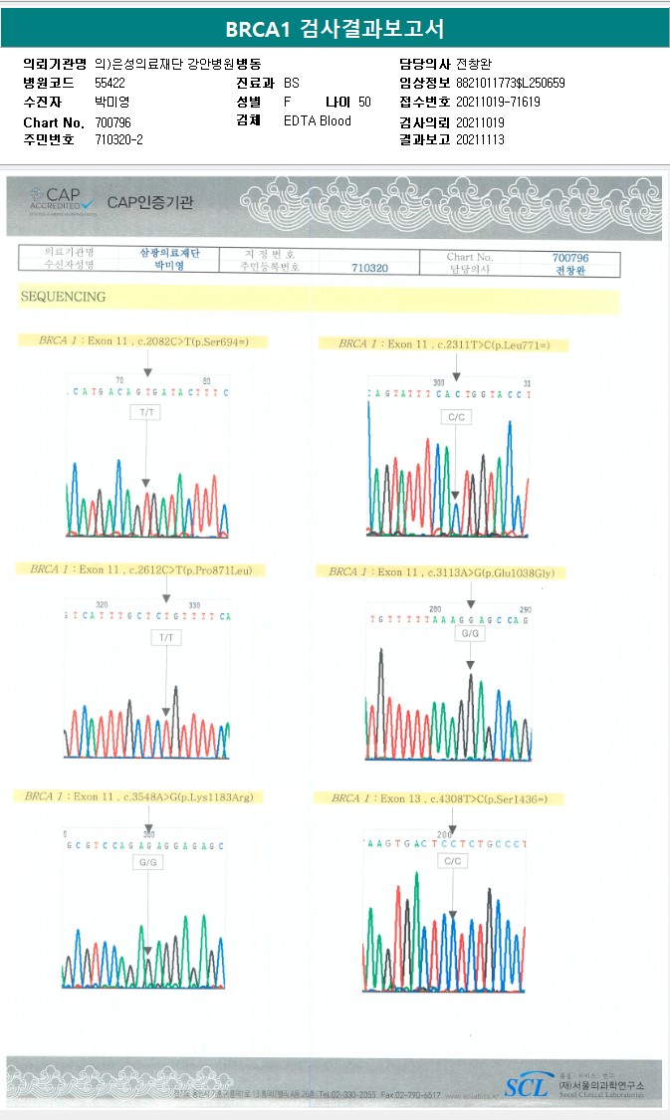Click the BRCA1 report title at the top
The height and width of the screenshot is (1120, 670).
pyautogui.click(x=335, y=28)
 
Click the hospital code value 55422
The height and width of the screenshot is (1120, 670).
pyautogui.click(x=110, y=83)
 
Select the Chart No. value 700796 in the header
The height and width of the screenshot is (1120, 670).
pyautogui.click(x=112, y=121)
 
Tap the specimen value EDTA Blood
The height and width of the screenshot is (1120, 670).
pyautogui.click(x=317, y=121)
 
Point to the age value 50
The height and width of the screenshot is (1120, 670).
pyautogui.click(x=364, y=103)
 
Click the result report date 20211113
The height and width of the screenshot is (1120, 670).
pyautogui.click(x=480, y=140)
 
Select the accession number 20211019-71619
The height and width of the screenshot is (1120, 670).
pyautogui.click(x=498, y=103)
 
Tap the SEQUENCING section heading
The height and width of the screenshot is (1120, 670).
pyautogui.click(x=62, y=297)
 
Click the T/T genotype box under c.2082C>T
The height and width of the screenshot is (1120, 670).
pyautogui.click(x=146, y=411)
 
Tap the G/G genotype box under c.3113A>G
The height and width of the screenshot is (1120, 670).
pyautogui.click(x=470, y=633)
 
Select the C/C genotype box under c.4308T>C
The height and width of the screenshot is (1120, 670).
pyautogui.click(x=453, y=860)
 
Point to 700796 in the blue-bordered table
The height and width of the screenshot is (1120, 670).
pyautogui.click(x=570, y=257)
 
